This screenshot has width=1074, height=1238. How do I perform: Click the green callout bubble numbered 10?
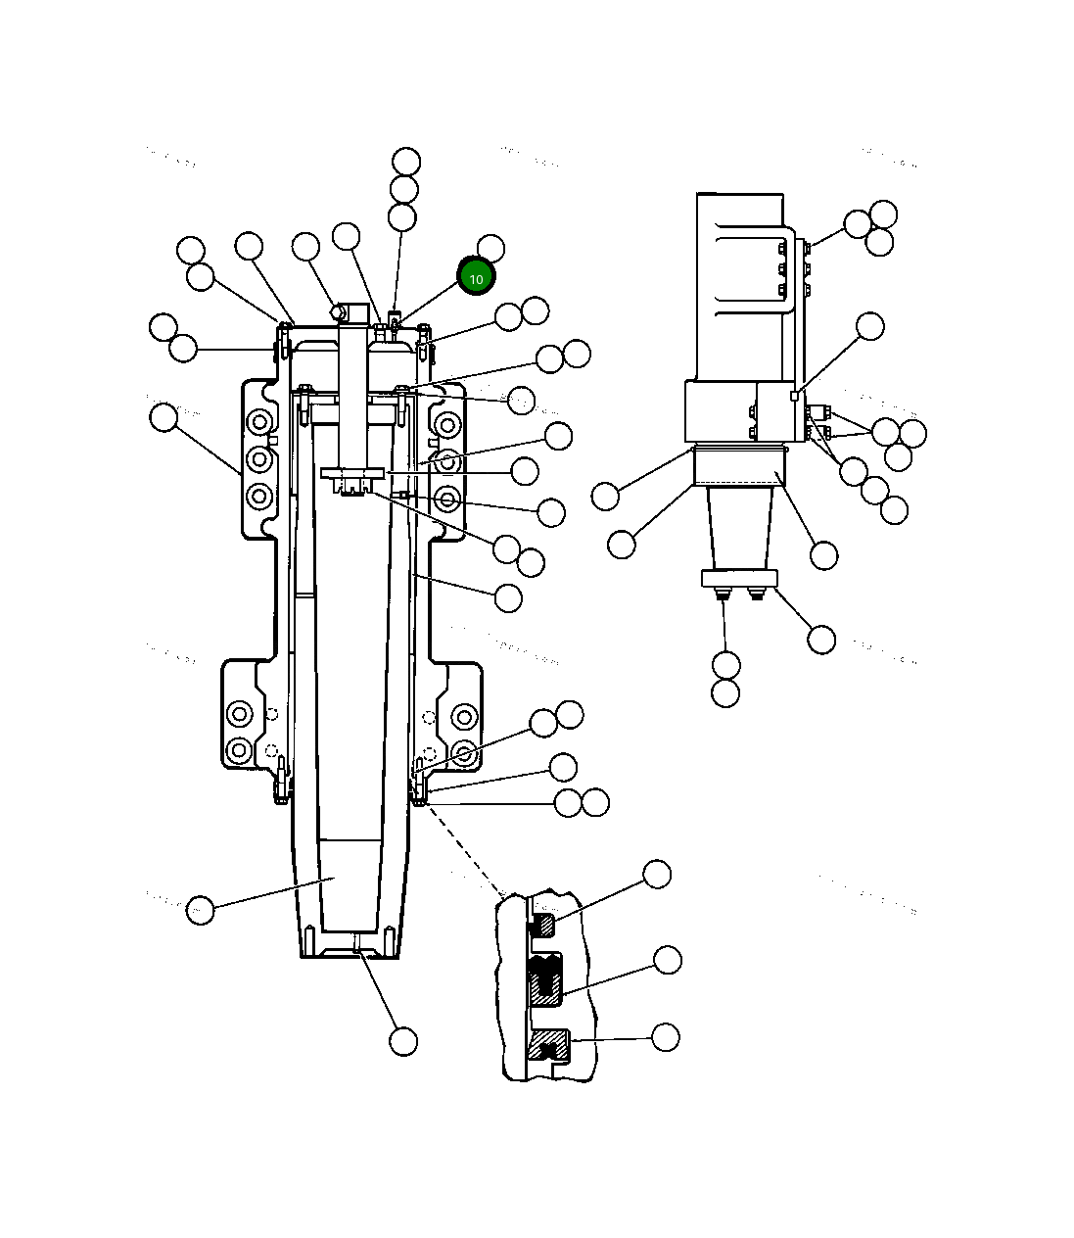pyautogui.click(x=477, y=277)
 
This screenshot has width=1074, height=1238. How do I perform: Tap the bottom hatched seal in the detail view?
pyautogui.click(x=548, y=1047)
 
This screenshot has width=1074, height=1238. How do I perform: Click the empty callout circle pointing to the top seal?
pyautogui.click(x=656, y=874)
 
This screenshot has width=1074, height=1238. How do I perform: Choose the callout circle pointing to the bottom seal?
pyautogui.click(x=665, y=1036)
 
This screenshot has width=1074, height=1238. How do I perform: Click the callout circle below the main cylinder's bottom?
pyautogui.click(x=403, y=1041)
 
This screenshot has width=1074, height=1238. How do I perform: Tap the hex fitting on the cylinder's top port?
pyautogui.click(x=339, y=312)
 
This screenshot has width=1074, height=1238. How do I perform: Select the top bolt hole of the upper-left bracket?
pyautogui.click(x=258, y=423)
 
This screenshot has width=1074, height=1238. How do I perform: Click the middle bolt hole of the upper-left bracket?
pyautogui.click(x=258, y=458)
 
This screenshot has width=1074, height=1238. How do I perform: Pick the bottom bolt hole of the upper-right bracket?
pyautogui.click(x=448, y=500)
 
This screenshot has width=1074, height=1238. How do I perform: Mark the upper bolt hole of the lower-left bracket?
pyautogui.click(x=239, y=714)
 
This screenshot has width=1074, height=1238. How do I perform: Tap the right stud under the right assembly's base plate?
pyautogui.click(x=756, y=593)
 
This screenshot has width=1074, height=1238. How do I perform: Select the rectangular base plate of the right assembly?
pyautogui.click(x=739, y=579)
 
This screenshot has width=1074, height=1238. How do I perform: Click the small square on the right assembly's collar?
pyautogui.click(x=795, y=396)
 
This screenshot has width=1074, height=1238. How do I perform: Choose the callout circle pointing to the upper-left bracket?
pyautogui.click(x=163, y=417)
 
